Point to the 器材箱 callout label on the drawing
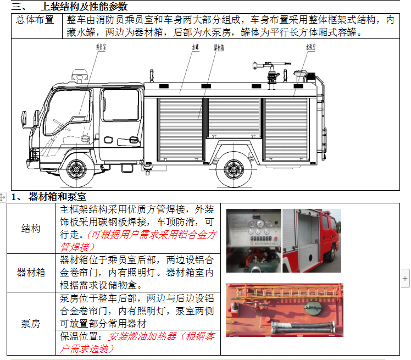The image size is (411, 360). click(219, 48)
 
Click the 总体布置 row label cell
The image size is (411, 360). click(35, 20)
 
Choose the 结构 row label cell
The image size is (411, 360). click(31, 228)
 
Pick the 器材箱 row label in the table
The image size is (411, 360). click(31, 272)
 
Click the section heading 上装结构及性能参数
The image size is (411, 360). click(84, 6)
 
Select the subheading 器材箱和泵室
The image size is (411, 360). click(57, 197)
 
